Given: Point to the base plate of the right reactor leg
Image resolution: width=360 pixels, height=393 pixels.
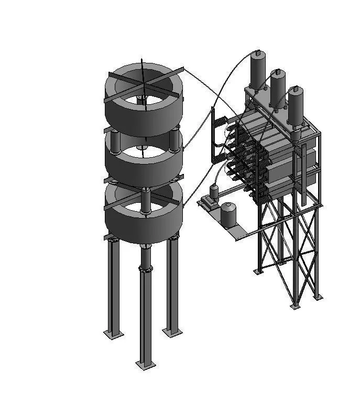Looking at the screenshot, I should (x=172, y=332).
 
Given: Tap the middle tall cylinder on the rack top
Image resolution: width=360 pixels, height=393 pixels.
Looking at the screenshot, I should (x=277, y=86).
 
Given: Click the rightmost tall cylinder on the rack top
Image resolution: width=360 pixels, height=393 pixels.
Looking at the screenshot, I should (x=296, y=105).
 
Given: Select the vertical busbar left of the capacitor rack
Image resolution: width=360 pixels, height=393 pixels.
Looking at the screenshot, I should (x=212, y=136).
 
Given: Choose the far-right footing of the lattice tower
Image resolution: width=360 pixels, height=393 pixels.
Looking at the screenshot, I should (x=317, y=297).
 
